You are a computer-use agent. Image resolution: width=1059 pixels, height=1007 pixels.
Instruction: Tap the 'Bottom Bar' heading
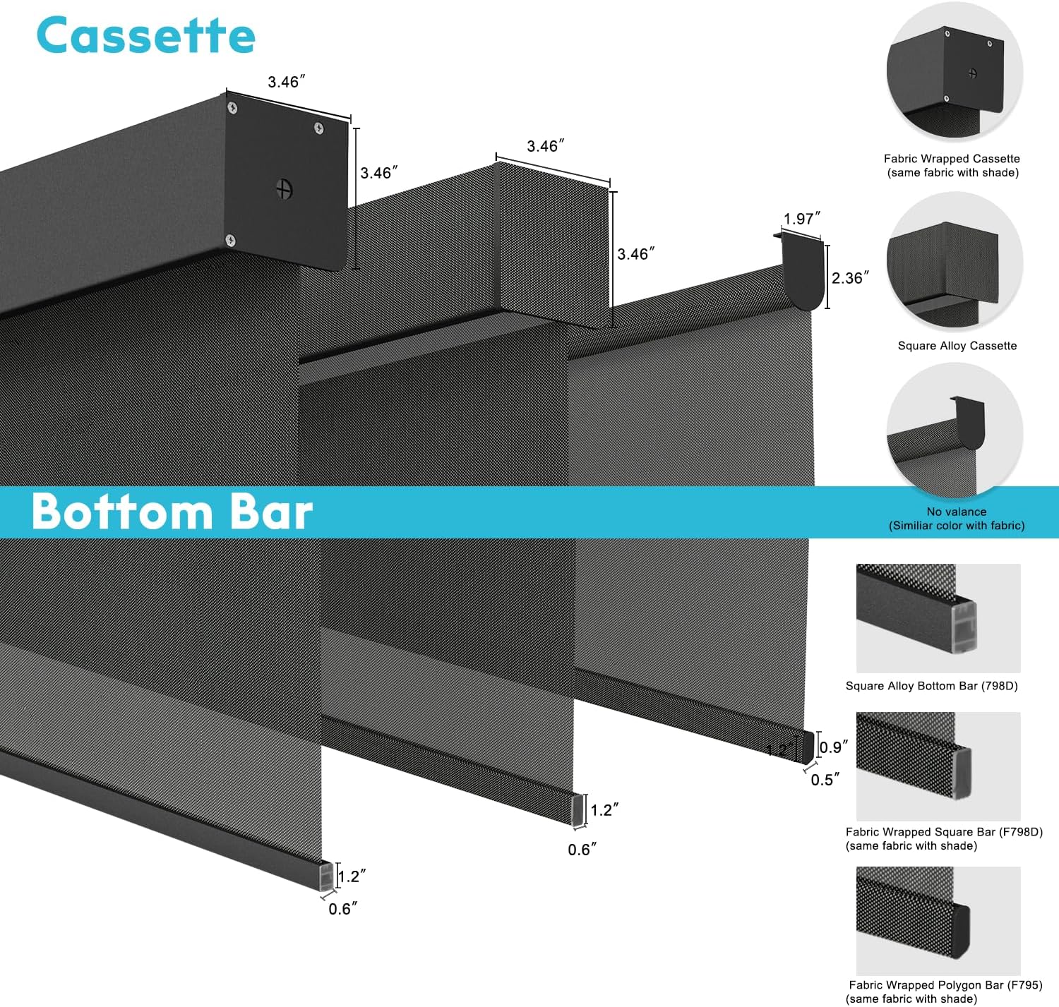(172, 512)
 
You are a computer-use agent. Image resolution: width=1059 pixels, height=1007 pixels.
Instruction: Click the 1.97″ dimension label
(802, 219)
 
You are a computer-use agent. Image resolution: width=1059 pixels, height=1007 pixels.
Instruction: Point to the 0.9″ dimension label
(834, 747)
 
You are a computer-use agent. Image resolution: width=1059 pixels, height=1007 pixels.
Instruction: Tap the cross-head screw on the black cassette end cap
(284, 189)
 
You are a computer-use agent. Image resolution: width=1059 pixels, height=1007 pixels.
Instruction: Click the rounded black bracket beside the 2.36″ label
(803, 275)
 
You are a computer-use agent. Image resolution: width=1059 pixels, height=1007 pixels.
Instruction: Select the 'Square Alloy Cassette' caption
(957, 346)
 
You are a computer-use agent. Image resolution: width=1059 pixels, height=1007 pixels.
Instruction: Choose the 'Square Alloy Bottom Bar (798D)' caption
(931, 686)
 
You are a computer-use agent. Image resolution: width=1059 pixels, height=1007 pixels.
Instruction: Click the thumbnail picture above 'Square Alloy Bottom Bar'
(938, 617)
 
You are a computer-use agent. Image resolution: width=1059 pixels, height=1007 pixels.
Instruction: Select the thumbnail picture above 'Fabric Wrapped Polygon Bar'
(938, 920)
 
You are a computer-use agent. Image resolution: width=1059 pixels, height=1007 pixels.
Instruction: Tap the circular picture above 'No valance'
(955, 430)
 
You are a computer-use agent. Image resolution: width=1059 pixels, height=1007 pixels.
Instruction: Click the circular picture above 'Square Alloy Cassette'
(955, 261)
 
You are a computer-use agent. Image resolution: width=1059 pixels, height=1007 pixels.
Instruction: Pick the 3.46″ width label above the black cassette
(287, 83)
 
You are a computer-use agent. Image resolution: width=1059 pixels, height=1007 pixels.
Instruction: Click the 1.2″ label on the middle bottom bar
(605, 810)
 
